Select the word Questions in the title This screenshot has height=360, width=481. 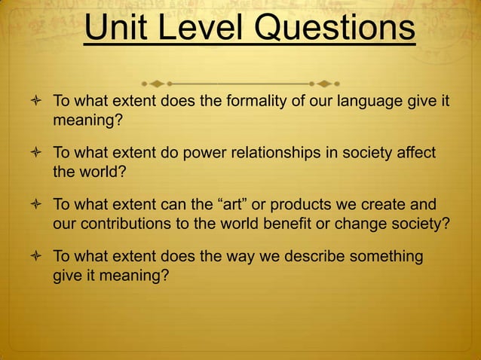(339, 30)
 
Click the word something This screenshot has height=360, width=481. (381, 257)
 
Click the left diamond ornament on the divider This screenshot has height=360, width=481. (156, 81)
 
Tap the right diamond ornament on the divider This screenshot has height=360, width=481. (324, 81)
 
